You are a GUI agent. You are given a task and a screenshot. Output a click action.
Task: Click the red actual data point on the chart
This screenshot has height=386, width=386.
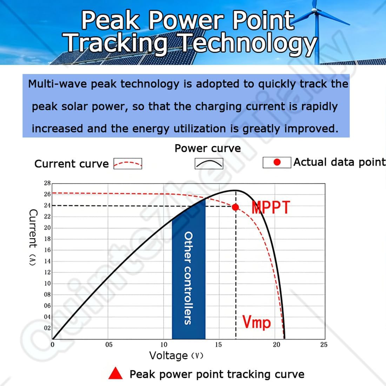[235, 207]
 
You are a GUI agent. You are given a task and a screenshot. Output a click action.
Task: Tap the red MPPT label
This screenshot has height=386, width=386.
[271, 207]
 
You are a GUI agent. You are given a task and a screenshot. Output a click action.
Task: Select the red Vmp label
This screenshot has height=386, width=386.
[257, 322]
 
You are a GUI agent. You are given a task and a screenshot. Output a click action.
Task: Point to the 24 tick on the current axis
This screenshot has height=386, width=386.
[47, 205]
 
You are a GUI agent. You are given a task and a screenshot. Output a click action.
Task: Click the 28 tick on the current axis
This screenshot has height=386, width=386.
[47, 183]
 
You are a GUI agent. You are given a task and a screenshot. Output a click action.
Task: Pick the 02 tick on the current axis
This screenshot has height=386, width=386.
[47, 328]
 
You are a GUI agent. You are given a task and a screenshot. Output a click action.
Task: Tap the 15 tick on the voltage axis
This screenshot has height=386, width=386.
[218, 345]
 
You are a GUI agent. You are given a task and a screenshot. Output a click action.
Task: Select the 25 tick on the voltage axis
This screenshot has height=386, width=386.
[324, 345]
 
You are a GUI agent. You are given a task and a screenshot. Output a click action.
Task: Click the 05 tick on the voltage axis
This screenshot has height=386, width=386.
[109, 345]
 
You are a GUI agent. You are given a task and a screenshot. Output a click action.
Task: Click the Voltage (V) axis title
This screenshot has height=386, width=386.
[176, 355]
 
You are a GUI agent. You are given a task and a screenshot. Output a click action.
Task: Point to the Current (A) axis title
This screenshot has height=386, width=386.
[33, 238]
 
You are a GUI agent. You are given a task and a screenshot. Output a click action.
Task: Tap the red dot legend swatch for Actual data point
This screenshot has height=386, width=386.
[277, 162]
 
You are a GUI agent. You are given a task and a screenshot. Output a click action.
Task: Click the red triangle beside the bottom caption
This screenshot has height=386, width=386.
[115, 374]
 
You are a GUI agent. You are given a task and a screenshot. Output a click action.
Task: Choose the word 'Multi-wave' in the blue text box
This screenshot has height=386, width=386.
[58, 84]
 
